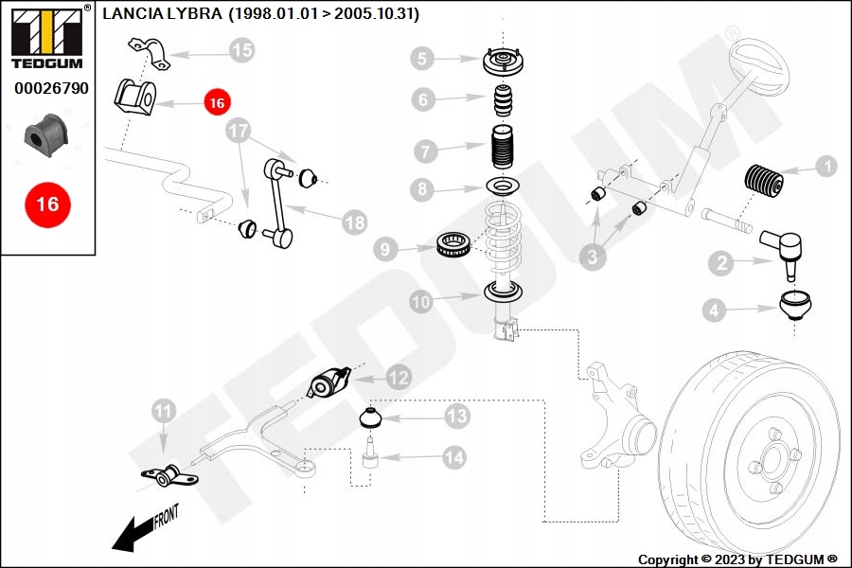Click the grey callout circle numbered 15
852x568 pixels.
[242, 50]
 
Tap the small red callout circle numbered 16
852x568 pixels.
[217, 101]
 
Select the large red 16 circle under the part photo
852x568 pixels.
[47, 204]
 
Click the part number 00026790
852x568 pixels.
[51, 88]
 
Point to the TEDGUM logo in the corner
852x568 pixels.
[46, 38]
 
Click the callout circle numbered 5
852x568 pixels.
[423, 60]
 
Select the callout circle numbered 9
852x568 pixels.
[385, 250]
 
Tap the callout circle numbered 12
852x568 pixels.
[399, 378]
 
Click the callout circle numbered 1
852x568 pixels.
[825, 167]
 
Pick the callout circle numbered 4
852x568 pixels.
[715, 309]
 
